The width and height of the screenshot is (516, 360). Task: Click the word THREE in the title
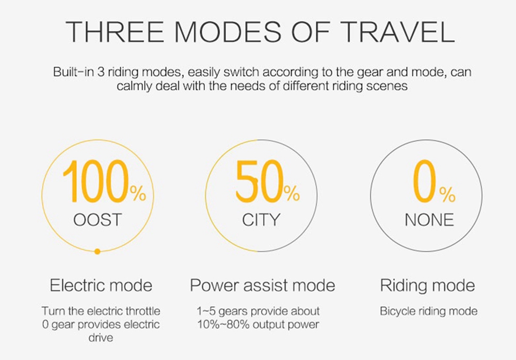115,32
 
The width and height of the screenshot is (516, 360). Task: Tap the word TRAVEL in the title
397,32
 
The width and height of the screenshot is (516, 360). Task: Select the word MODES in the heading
228,32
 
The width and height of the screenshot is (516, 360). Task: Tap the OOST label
98,220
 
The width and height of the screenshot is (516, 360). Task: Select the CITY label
261,220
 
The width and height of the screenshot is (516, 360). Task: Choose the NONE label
429,220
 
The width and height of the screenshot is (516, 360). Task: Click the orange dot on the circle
97,252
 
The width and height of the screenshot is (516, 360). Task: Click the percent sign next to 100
138,193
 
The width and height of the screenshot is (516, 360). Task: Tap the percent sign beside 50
292,193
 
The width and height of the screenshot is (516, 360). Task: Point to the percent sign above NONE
447,194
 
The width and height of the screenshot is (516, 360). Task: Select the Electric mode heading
101,285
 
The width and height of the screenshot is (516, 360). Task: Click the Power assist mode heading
262,285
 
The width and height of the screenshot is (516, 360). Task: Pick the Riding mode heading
427,285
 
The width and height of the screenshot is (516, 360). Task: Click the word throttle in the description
143,311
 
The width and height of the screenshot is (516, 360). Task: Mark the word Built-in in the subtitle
73,72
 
